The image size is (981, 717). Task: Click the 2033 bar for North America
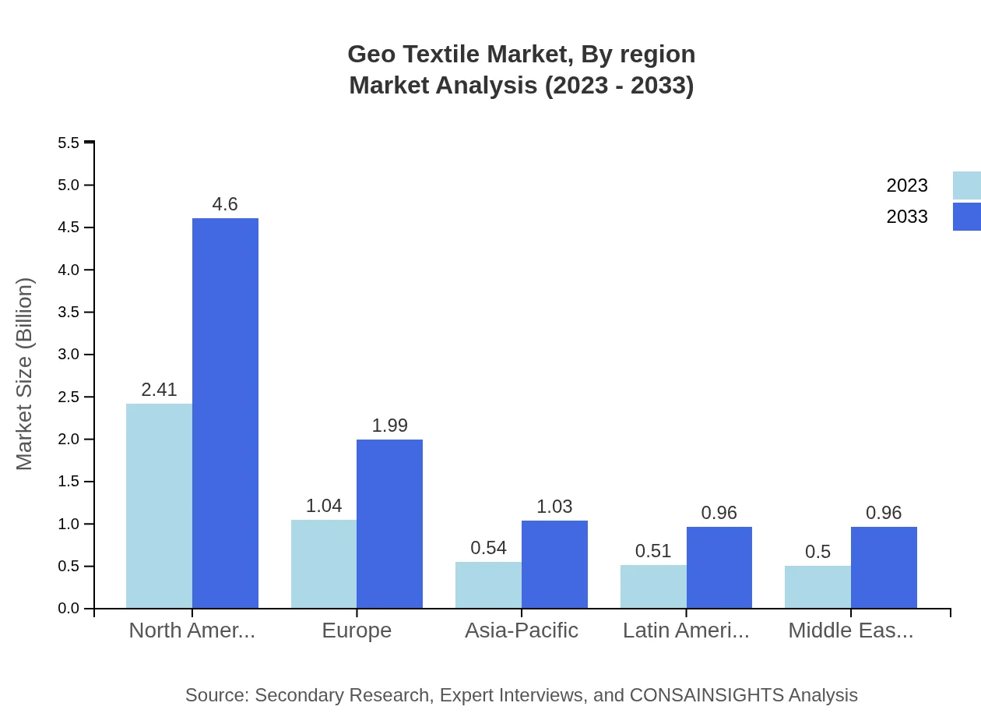click(225, 413)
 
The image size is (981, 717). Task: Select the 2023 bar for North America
click(159, 506)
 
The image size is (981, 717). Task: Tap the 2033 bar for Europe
click(389, 524)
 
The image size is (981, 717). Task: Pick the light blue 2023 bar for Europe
click(324, 563)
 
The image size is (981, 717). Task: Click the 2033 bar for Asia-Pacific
click(554, 564)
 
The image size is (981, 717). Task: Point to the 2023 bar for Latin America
click(653, 586)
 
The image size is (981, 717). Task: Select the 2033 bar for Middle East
click(884, 567)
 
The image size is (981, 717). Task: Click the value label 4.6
click(225, 204)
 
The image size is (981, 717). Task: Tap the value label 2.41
click(159, 390)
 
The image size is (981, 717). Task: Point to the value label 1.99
click(389, 426)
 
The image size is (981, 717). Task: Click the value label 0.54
click(488, 548)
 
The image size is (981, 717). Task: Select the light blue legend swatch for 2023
click(966, 185)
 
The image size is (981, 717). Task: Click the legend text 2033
click(907, 217)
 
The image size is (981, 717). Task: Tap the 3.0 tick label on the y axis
click(69, 355)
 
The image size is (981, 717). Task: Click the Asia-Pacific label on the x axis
click(521, 630)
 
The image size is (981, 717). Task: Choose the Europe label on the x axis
click(357, 630)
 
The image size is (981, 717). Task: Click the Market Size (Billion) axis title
click(25, 374)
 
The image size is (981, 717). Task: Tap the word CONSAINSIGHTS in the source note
click(707, 695)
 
